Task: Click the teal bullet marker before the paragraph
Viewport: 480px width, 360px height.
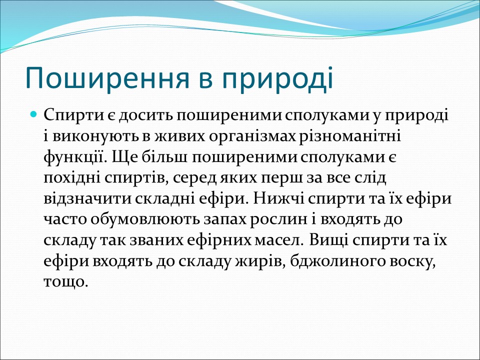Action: click(x=34, y=115)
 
